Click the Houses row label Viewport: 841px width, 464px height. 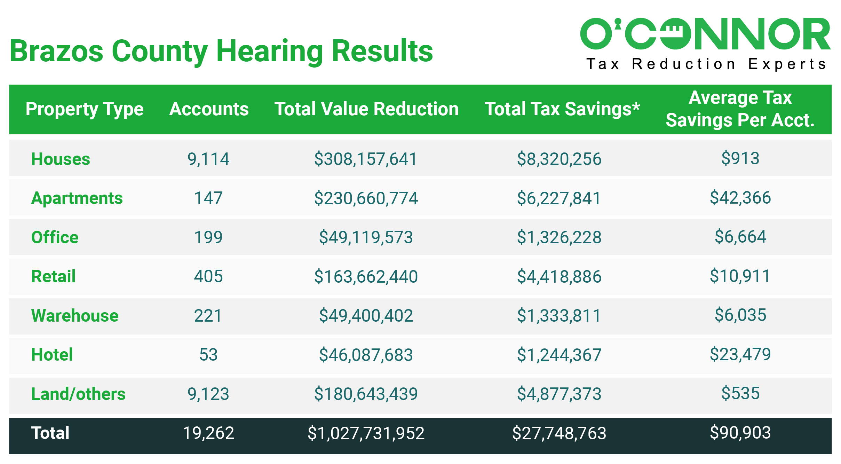pyautogui.click(x=61, y=159)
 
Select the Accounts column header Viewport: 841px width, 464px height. pyautogui.click(x=209, y=109)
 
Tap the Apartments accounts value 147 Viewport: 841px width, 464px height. pyautogui.click(x=208, y=198)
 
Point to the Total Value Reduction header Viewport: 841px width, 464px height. pyautogui.click(x=366, y=109)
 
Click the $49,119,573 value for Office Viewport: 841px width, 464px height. pyautogui.click(x=366, y=237)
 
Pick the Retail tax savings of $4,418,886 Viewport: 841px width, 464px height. pyautogui.click(x=559, y=276)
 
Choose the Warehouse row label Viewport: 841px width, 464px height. pyautogui.click(x=75, y=316)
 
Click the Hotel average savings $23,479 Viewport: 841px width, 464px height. pyautogui.click(x=740, y=354)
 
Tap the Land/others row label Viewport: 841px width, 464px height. pyautogui.click(x=78, y=394)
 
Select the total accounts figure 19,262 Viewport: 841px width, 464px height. pyautogui.click(x=208, y=433)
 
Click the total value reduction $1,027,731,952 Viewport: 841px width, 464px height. pyautogui.click(x=366, y=433)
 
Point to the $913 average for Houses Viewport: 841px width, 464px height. pyautogui.click(x=740, y=158)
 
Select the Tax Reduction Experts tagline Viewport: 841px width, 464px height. pyautogui.click(x=706, y=64)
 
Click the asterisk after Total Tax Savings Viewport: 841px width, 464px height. pyautogui.click(x=636, y=105)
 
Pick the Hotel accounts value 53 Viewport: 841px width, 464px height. pyautogui.click(x=208, y=355)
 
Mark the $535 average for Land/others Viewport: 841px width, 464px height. pyautogui.click(x=740, y=393)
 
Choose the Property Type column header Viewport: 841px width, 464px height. pyautogui.click(x=85, y=109)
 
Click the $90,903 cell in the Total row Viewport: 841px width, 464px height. pyautogui.click(x=740, y=433)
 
